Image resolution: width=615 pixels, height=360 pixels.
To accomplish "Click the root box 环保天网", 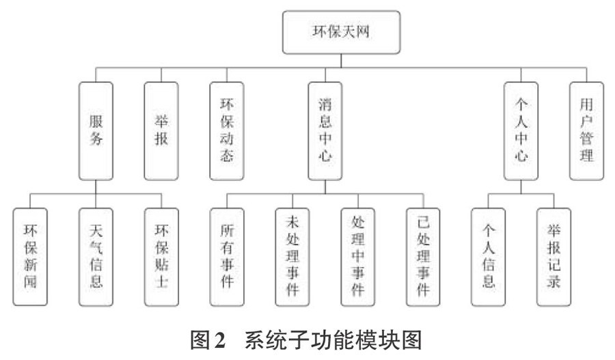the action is [341, 32].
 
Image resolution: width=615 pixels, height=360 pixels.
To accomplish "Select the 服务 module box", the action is [96, 131].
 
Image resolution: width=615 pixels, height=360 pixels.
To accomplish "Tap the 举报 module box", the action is [161, 131].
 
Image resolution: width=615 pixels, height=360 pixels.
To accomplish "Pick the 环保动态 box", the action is [227, 131].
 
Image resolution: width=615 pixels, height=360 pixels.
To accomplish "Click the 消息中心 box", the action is [325, 131].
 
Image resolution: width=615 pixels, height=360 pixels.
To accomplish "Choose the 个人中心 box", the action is [521, 131].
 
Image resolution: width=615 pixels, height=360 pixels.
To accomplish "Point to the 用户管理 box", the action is [586, 131].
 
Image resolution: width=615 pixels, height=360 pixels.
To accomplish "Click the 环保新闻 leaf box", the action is [30, 257].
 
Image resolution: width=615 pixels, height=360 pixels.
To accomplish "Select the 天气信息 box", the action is [96, 257].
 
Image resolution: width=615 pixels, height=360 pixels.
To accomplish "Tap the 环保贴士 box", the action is [161, 257].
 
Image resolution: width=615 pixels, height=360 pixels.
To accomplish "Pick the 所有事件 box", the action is [227, 257].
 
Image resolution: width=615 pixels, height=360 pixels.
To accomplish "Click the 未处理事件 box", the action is [292, 257].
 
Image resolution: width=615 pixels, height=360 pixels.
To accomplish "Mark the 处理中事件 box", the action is [357, 257].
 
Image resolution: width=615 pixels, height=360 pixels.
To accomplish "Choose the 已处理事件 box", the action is [423, 257].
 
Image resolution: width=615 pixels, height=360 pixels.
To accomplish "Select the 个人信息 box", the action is [488, 257].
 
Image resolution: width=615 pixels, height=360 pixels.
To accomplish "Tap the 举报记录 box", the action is [553, 257].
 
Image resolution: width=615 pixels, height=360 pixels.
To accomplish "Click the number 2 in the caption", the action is [220, 340].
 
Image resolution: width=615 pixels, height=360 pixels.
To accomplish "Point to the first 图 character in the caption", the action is [201, 340].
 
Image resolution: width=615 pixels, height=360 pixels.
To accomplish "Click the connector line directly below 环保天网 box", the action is [341, 61].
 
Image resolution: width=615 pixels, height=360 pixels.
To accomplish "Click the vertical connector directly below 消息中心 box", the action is [325, 187].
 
